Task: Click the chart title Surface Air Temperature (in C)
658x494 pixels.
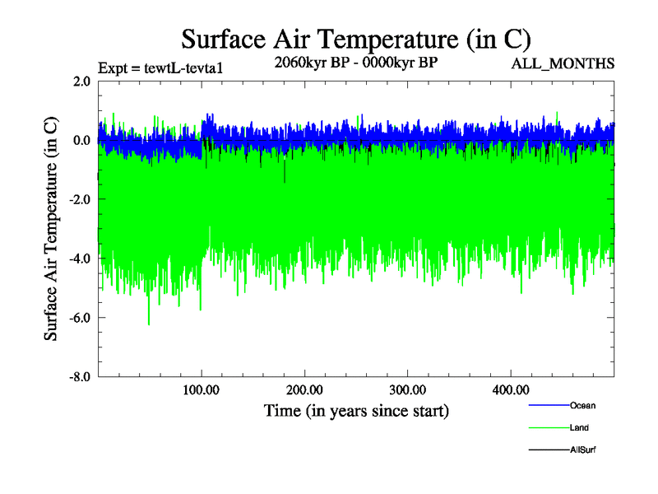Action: point(355,39)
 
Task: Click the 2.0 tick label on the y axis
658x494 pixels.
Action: point(81,82)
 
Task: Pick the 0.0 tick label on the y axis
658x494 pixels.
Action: point(81,141)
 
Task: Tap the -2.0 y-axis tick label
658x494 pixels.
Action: point(79,200)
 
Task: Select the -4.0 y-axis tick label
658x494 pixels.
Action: point(79,259)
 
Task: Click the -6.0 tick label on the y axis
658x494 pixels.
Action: point(79,318)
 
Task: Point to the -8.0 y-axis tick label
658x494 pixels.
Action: point(79,377)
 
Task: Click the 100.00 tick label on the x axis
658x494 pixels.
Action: point(202,389)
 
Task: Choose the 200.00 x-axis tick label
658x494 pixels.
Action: point(304,389)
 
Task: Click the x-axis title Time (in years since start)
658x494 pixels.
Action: point(356,410)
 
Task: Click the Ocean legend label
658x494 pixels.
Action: point(582,406)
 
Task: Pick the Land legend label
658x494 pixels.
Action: point(579,428)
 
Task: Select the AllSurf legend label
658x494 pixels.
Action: point(582,450)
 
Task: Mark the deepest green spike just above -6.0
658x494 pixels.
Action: point(149,324)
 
